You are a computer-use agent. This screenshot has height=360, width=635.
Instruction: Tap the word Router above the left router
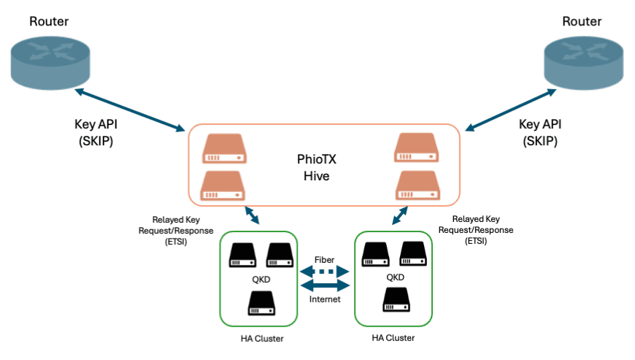[x=50, y=21]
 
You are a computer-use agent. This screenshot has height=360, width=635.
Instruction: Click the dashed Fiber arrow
[x=326, y=272]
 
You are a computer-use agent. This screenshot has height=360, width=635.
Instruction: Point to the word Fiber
[x=324, y=259]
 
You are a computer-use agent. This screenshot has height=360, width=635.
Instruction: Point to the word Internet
[x=326, y=299]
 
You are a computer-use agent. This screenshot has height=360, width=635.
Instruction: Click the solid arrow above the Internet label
[x=326, y=286]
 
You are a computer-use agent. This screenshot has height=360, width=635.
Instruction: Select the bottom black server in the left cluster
[x=261, y=302]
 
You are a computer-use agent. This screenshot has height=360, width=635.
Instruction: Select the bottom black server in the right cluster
[x=395, y=300]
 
